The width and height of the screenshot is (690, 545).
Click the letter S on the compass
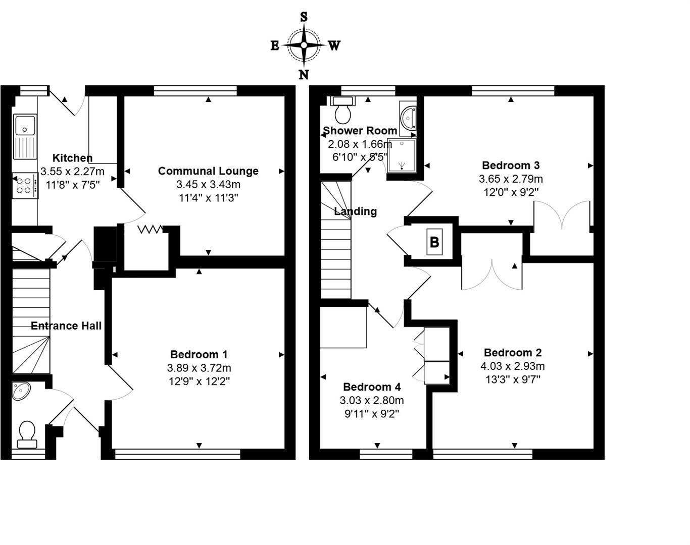pyautogui.click(x=304, y=17)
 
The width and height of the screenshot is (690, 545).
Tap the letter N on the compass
pyautogui.click(x=304, y=75)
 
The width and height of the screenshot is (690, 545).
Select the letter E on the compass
pyautogui.click(x=275, y=46)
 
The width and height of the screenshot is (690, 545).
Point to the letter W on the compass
pyautogui.click(x=334, y=46)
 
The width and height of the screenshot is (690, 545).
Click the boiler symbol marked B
pyautogui.click(x=434, y=242)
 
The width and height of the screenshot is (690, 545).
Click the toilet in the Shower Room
pyautogui.click(x=343, y=111)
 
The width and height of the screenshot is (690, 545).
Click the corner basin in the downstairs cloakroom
pyautogui.click(x=21, y=391)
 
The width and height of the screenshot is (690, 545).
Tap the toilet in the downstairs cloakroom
pyautogui.click(x=27, y=434)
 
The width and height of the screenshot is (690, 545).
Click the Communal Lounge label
pyautogui.click(x=208, y=171)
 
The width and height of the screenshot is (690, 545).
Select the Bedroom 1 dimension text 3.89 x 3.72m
pyautogui.click(x=199, y=368)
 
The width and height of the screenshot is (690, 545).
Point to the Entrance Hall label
pyautogui.click(x=66, y=326)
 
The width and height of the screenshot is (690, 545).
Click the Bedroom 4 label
pyautogui.click(x=372, y=387)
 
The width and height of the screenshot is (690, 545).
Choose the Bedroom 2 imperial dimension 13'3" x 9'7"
pyautogui.click(x=513, y=379)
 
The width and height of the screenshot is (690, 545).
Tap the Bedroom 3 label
pyautogui.click(x=511, y=166)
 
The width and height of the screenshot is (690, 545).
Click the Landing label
pyautogui.click(x=356, y=211)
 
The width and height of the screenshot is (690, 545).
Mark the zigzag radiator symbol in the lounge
pyautogui.click(x=150, y=230)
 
